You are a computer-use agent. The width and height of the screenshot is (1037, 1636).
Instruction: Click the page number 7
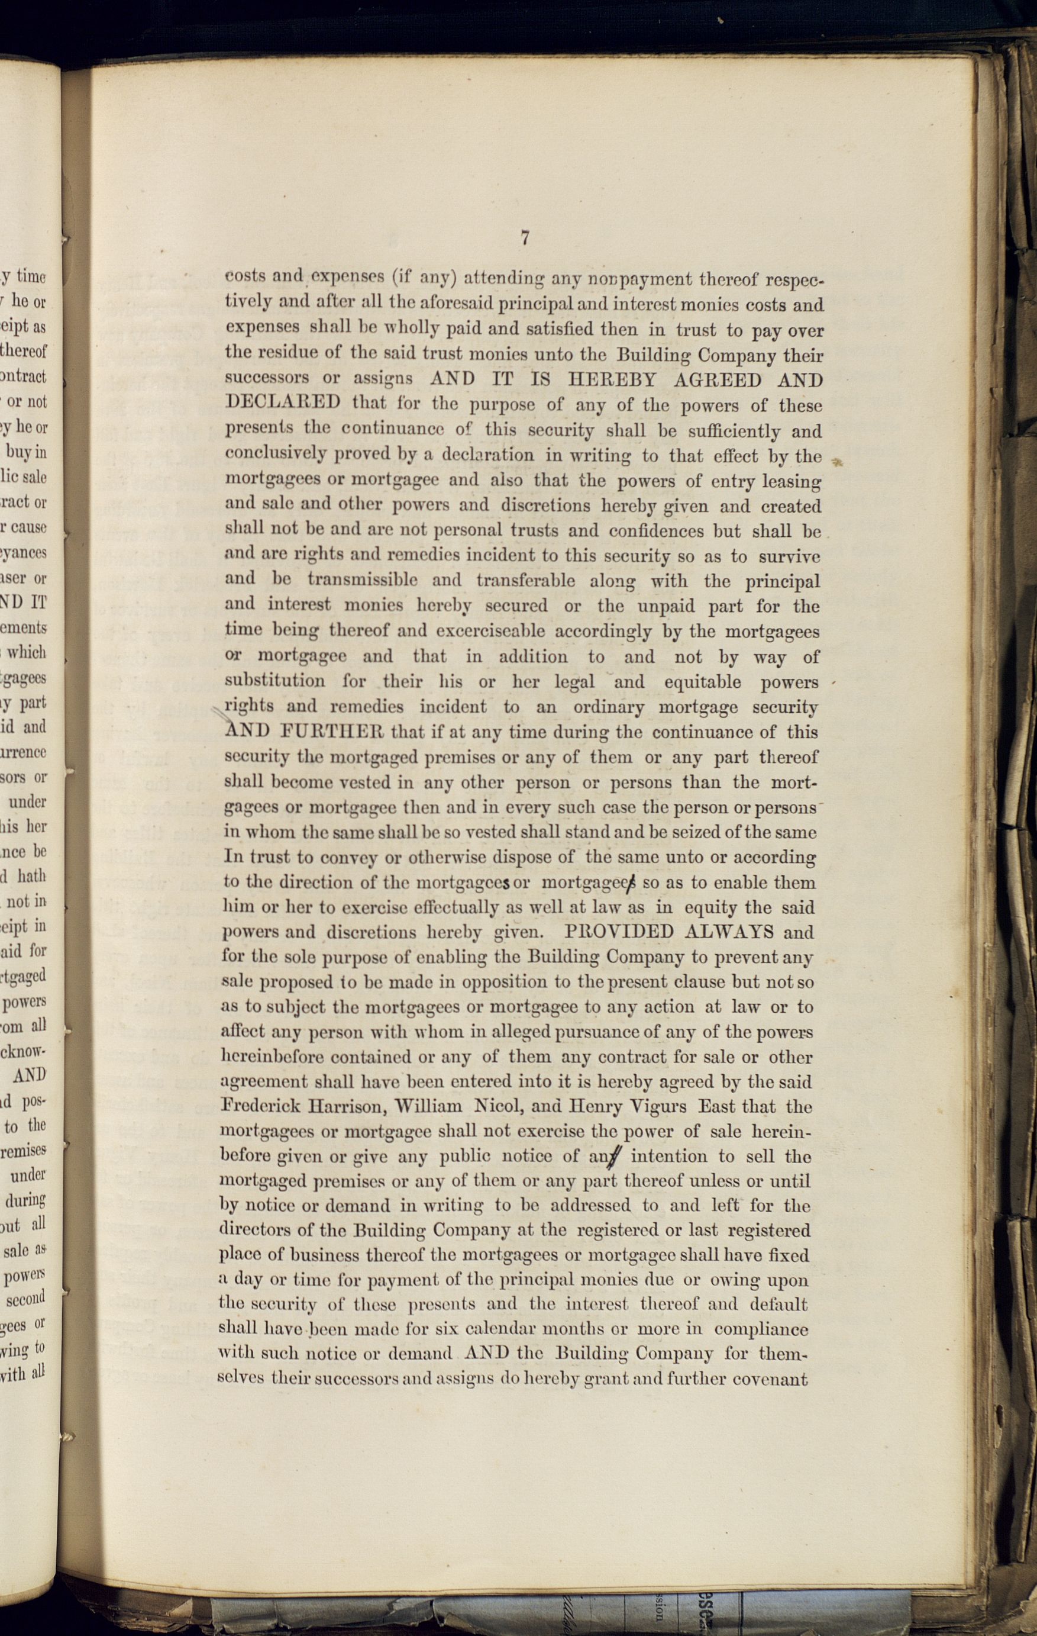tap(524, 238)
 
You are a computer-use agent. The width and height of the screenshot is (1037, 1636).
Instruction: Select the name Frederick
tap(261, 1107)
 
